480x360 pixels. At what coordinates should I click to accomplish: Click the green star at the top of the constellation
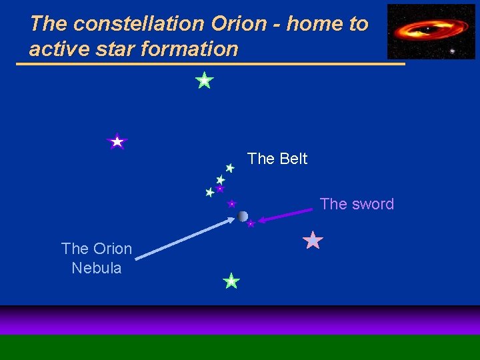204,81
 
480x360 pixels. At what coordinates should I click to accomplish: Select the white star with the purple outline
117,141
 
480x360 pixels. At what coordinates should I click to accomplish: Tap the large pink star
313,240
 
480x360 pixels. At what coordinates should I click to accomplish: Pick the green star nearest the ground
231,281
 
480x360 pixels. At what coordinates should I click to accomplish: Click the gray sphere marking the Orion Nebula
243,216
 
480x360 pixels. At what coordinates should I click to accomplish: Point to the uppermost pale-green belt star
229,168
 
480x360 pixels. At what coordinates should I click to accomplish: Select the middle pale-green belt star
221,180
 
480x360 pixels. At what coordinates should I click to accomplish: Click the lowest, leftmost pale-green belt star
210,192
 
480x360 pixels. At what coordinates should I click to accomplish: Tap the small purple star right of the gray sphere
251,224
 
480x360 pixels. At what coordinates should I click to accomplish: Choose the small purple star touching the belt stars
220,189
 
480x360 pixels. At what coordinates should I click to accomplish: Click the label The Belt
277,159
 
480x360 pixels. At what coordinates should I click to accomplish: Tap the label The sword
357,204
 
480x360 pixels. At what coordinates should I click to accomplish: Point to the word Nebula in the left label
97,268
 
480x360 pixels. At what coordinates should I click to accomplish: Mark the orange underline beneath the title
210,64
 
